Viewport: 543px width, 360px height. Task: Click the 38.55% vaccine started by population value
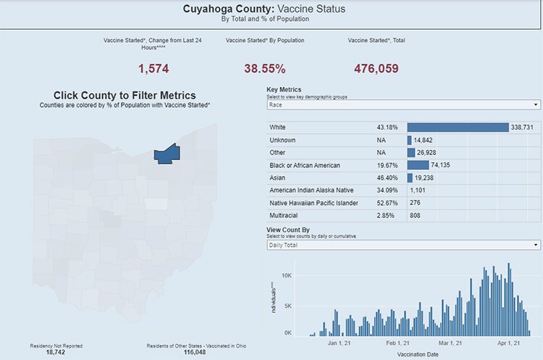coord(264,69)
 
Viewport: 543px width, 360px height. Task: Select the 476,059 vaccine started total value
coord(376,69)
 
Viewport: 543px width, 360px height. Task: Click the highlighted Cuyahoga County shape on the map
coord(167,153)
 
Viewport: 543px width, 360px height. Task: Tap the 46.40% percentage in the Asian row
coord(387,178)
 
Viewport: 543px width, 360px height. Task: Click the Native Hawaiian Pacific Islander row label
coord(313,203)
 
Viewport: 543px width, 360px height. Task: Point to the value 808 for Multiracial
coord(416,216)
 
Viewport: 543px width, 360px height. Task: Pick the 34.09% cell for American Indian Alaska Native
coord(387,191)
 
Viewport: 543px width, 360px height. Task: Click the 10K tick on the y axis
coord(286,276)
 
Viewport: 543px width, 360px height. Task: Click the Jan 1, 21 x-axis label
coord(338,344)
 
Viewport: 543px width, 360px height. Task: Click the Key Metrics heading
coord(285,89)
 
